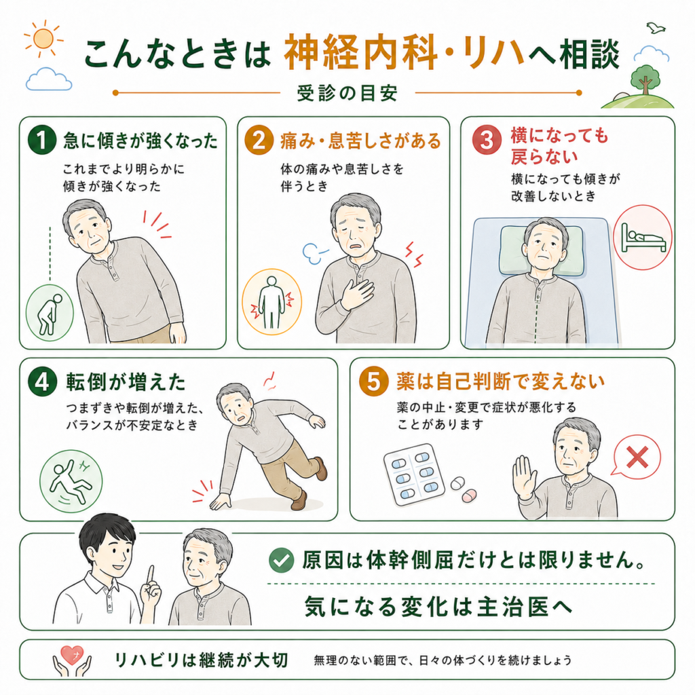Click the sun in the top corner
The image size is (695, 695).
pyautogui.click(x=43, y=39)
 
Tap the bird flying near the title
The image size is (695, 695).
pyautogui.click(x=656, y=28)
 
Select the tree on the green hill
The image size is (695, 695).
pyautogui.click(x=645, y=79)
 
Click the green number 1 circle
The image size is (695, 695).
pyautogui.click(x=41, y=140)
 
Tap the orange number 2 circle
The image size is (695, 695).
pyautogui.click(x=259, y=140)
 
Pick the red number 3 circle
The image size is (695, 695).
pyautogui.click(x=487, y=140)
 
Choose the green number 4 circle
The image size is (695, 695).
pyautogui.click(x=43, y=381)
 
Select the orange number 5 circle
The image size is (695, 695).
pyautogui.click(x=374, y=381)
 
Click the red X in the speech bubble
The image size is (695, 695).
pyautogui.click(x=637, y=457)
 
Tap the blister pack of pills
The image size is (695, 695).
pyautogui.click(x=414, y=474)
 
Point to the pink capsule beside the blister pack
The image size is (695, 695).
pyautogui.click(x=469, y=495)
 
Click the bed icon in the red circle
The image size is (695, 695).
pyautogui.click(x=643, y=238)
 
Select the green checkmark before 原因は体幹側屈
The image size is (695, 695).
pyautogui.click(x=281, y=560)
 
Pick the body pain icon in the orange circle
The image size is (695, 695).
pyautogui.click(x=271, y=302)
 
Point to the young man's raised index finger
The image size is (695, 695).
pyautogui.click(x=150, y=576)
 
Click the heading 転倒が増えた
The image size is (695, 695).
pyautogui.click(x=126, y=382)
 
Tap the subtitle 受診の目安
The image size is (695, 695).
pyautogui.click(x=347, y=93)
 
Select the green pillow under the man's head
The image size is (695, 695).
pyautogui.click(x=541, y=250)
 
